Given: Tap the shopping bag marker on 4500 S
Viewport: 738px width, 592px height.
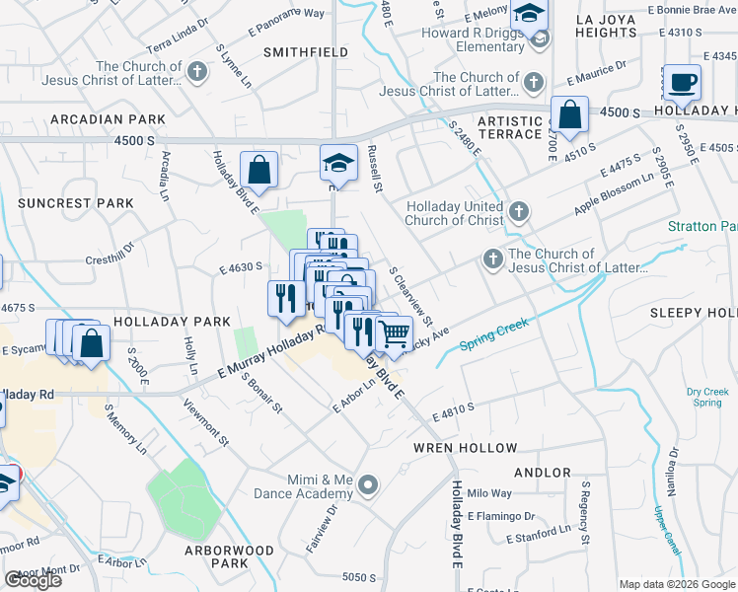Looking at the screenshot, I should (570, 114).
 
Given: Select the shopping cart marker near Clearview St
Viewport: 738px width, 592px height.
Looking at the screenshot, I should (395, 333).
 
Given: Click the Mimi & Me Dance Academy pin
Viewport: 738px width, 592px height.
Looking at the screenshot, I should (369, 484).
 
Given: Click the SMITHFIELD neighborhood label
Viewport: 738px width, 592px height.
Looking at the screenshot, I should (305, 51).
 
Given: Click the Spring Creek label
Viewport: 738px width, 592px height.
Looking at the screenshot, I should (495, 328).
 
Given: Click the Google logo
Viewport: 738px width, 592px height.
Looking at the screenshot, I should (33, 580).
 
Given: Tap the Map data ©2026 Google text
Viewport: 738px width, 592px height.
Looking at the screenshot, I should (678, 584).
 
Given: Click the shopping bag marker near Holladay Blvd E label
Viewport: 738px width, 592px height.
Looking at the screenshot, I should (258, 169).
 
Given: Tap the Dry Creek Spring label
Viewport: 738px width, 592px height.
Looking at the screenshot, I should (706, 397).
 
